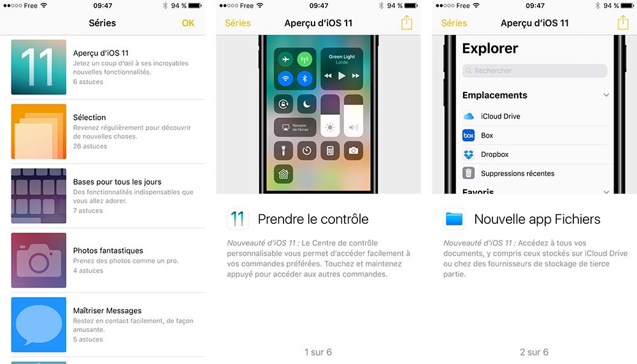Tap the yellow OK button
point(188,23)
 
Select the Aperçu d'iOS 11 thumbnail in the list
point(38,67)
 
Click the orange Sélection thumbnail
point(38,131)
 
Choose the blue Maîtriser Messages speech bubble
point(38,324)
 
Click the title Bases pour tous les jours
point(117,182)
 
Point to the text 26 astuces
point(90,146)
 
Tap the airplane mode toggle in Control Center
point(284,59)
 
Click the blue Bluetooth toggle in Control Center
point(305,79)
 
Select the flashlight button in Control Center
point(284,150)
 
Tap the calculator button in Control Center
point(330,150)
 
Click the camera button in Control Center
point(353,150)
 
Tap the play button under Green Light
point(341,76)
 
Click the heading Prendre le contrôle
point(313,219)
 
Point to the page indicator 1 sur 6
point(318,352)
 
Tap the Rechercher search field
point(534,71)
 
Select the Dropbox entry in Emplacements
point(494,154)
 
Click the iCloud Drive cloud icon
point(469,116)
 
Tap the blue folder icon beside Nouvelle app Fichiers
point(454,219)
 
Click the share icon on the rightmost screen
point(623,23)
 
